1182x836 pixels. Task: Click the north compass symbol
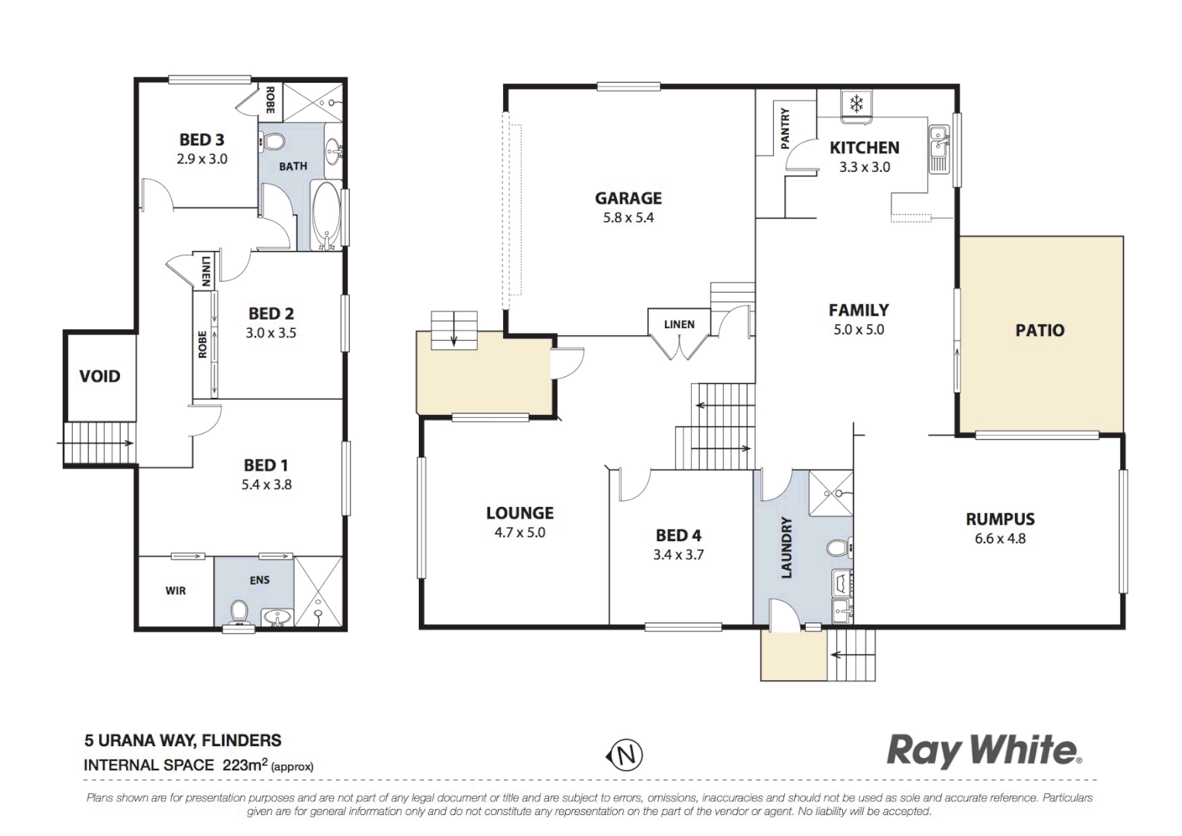coord(624,754)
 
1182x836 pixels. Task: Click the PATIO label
coord(1040,331)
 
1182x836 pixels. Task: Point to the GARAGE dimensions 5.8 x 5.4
coord(628,218)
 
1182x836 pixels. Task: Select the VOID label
coord(100,376)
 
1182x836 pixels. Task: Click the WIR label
coord(176,591)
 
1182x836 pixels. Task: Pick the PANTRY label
coord(785,128)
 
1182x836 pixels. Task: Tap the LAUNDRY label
coord(786,547)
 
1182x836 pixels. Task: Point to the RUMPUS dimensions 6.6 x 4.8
coord(1000,539)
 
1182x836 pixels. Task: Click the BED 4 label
coord(678,535)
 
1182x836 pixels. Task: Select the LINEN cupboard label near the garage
coord(679,324)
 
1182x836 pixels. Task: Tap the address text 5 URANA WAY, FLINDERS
coord(183,741)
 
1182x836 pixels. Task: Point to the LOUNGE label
coord(519,512)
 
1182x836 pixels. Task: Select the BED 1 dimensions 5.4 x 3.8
coord(266,485)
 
